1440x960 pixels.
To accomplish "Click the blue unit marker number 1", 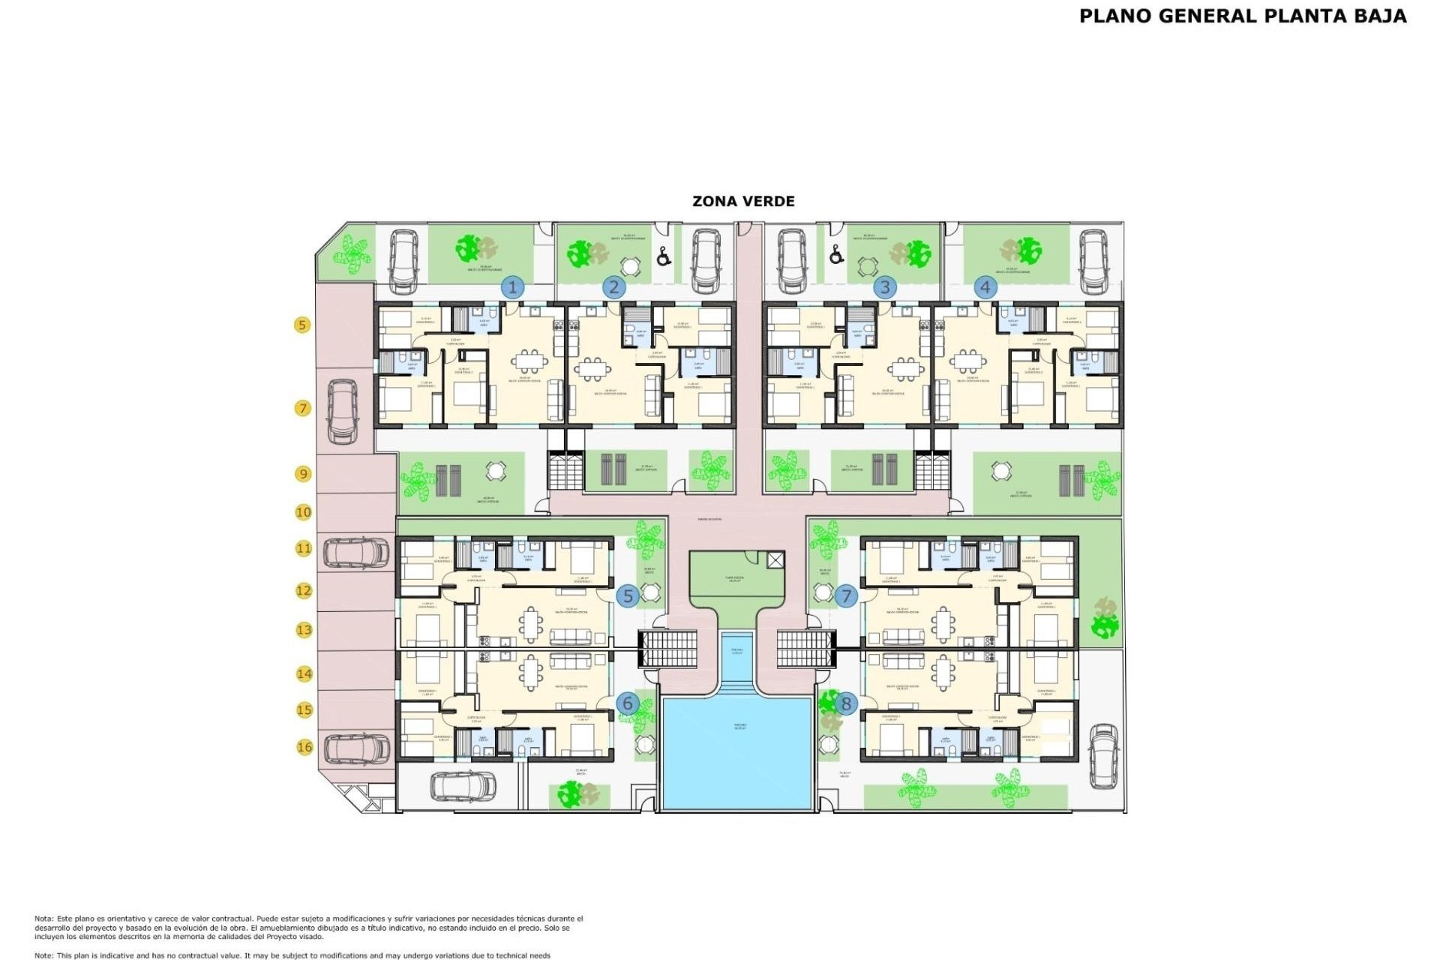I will (x=513, y=287).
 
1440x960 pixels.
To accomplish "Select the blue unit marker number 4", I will (x=985, y=287).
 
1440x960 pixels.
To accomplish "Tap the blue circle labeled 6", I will (x=628, y=703).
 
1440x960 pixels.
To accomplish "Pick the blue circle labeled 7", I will (x=846, y=596).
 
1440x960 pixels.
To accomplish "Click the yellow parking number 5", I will (x=302, y=325).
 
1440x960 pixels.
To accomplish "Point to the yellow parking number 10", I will (x=303, y=512).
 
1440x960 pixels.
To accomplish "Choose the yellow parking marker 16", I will (x=304, y=747).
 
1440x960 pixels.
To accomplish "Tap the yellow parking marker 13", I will (x=304, y=630).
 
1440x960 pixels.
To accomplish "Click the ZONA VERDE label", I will (x=742, y=201).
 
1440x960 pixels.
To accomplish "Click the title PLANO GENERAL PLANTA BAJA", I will (x=1242, y=16).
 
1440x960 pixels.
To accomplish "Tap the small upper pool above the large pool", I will (x=737, y=654).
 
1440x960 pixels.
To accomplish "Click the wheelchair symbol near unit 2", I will (x=664, y=257).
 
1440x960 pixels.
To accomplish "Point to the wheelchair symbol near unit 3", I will (x=836, y=256).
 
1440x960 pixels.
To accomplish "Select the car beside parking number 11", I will (x=356, y=553).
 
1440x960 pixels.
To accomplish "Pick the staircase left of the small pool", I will (x=667, y=649).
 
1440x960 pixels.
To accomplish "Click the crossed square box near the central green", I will (x=775, y=559).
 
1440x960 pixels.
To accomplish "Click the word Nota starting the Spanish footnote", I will (x=43, y=919).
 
